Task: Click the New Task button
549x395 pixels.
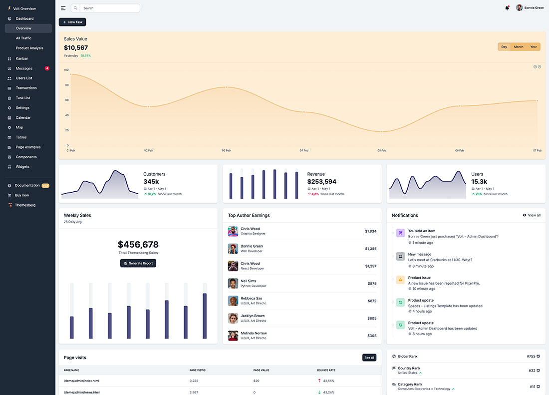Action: click(72, 22)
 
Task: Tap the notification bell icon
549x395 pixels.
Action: click(507, 8)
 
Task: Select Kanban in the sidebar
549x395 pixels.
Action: click(22, 58)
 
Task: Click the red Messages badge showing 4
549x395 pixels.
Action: click(47, 68)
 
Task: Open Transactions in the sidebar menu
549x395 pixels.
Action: click(26, 88)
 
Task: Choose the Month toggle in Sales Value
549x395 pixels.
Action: click(519, 47)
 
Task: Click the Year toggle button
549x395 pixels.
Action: click(534, 47)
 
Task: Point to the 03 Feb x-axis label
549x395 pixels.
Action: click(226, 150)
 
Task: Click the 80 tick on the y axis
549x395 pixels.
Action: click(66, 85)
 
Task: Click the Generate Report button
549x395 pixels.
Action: click(138, 263)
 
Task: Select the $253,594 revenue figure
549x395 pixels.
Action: click(322, 182)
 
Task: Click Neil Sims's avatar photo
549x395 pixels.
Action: click(233, 283)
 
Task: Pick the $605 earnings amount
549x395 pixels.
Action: click(372, 318)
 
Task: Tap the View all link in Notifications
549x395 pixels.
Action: click(532, 215)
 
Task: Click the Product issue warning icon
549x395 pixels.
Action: click(400, 280)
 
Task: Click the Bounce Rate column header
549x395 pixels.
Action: click(326, 370)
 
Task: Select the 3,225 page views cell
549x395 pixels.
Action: click(194, 381)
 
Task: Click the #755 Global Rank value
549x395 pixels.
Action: click(531, 357)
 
